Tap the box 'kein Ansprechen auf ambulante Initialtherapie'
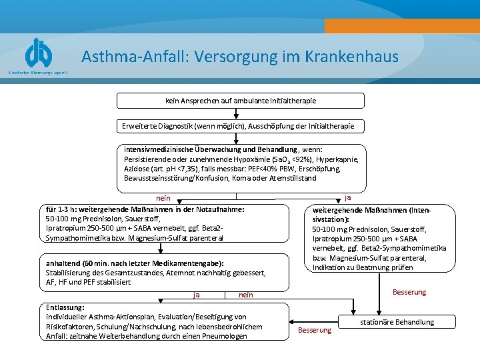click(241, 101)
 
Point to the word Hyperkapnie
click(337, 160)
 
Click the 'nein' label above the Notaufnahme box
click(163, 198)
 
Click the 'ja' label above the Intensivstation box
click(348, 198)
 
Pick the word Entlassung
click(65, 307)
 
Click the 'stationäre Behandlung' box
click(397, 322)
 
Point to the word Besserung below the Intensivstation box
click(409, 292)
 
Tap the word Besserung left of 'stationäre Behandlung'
click(314, 330)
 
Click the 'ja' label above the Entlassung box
click(197, 295)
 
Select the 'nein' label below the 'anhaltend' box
click(245, 295)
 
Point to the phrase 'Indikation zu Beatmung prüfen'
click(363, 267)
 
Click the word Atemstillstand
click(291, 179)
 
